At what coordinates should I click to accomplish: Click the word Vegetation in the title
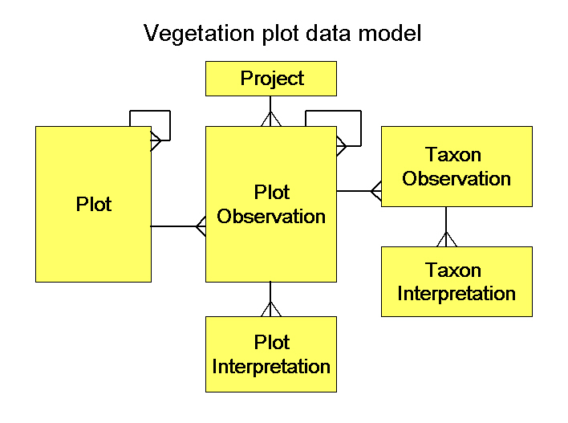[199, 34]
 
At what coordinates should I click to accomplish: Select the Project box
[271, 79]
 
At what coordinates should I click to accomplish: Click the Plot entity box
[93, 204]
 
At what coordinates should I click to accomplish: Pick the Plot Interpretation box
[271, 354]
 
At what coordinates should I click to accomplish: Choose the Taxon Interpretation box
[456, 282]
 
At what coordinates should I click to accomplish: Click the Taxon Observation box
[456, 166]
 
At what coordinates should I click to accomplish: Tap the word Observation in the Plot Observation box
[271, 217]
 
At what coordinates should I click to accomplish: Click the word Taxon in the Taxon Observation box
[453, 155]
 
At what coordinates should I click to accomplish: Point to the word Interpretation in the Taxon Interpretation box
[456, 294]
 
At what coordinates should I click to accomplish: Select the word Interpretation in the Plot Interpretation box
[271, 367]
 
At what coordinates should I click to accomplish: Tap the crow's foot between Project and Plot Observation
[270, 119]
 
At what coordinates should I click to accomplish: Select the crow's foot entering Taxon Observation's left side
[376, 191]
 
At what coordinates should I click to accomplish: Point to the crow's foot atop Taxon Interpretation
[447, 239]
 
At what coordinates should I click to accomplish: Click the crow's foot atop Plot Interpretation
[270, 309]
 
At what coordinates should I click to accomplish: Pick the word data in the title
[328, 33]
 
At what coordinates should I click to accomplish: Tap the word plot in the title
[280, 34]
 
